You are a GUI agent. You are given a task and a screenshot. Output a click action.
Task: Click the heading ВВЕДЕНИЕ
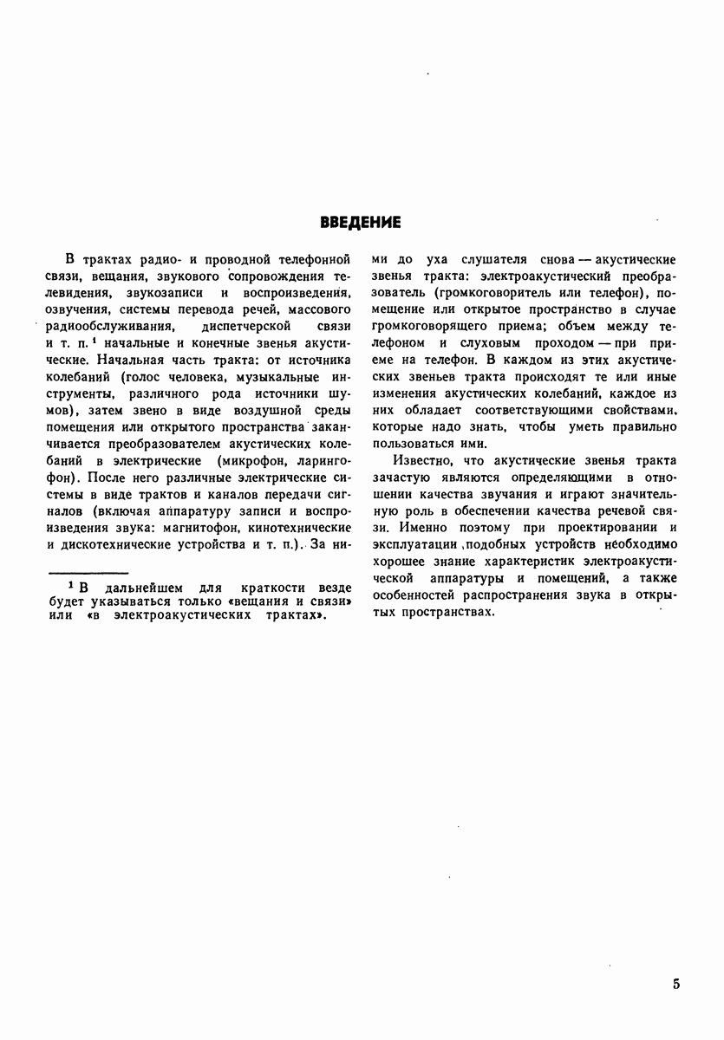[x=361, y=223]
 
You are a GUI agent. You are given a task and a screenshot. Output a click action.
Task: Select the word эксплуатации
[x=409, y=544]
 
